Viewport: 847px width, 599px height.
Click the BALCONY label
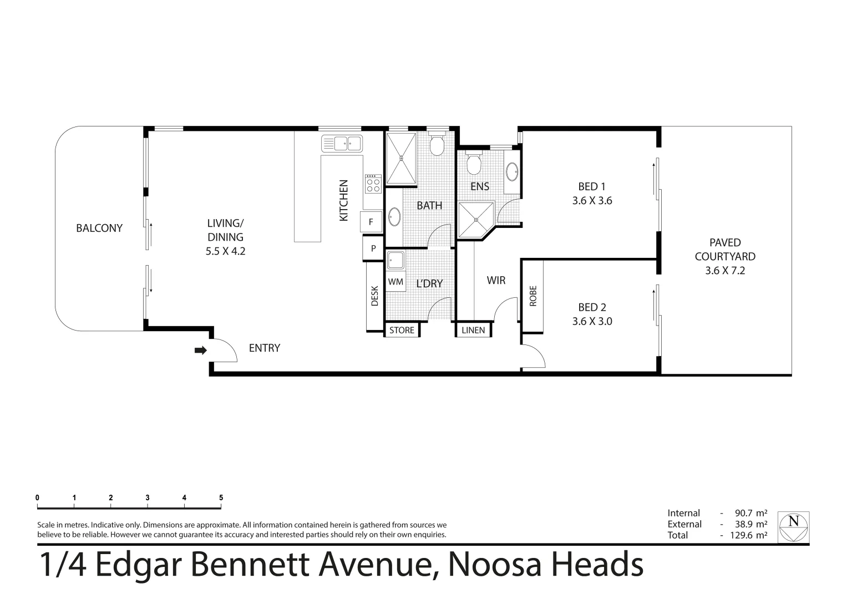pos(99,228)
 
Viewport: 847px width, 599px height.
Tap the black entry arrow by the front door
pos(200,351)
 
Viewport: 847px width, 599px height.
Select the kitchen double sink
pos(342,144)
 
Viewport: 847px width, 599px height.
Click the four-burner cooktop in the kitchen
pos(373,184)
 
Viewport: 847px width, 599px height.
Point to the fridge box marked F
pos(371,222)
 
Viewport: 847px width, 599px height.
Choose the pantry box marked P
pos(373,248)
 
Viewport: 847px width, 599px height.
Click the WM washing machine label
pos(395,282)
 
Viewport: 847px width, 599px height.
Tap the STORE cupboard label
pos(402,330)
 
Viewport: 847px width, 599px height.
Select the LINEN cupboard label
pos(473,330)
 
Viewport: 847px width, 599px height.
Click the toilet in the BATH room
pos(437,143)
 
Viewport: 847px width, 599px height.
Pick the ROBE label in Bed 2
pos(533,296)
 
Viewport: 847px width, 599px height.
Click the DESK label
pos(374,296)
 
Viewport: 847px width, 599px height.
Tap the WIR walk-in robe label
pos(496,280)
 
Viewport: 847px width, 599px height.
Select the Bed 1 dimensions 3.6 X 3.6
pos(592,200)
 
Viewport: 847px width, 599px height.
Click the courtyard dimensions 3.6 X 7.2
pos(725,271)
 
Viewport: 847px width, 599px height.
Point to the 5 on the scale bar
pos(221,498)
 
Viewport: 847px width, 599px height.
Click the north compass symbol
pos(793,527)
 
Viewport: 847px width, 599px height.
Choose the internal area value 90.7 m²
pos(751,513)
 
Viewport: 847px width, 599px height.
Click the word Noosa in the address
pos(495,565)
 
